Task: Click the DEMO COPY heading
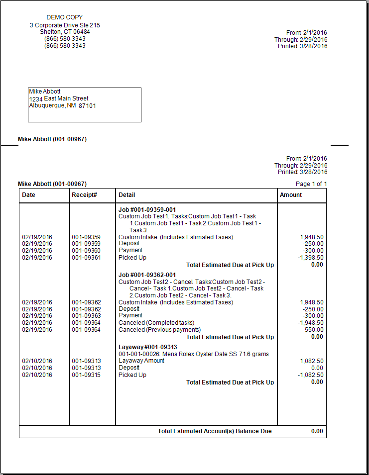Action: (65, 17)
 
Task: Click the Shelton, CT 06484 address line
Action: (65, 32)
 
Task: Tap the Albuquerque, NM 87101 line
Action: (63, 105)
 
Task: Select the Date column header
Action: (29, 195)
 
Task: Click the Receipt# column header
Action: (84, 195)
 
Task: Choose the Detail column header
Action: (127, 195)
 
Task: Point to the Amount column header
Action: (291, 195)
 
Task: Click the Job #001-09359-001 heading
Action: (147, 210)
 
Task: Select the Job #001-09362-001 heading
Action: (147, 275)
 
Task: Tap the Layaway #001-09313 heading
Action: (148, 347)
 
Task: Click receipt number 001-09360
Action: (86, 251)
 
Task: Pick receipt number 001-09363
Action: (86, 316)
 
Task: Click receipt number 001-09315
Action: (86, 375)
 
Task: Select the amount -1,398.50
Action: (310, 258)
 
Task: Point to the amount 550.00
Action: (314, 330)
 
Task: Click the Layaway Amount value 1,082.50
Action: (311, 361)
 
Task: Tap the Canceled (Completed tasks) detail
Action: (156, 323)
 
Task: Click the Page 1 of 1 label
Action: (311, 184)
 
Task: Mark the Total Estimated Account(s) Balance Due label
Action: (215, 431)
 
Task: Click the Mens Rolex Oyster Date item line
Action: (194, 354)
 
